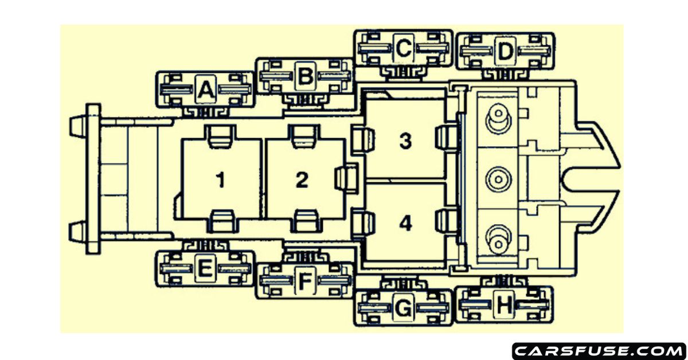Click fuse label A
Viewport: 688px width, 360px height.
[x=205, y=90]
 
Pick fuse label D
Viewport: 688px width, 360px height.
[x=505, y=52]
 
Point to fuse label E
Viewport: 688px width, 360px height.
[x=205, y=268]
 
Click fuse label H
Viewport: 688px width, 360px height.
[x=505, y=306]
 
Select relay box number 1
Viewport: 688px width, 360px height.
[x=221, y=180]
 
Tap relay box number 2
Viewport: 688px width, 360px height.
[x=302, y=180]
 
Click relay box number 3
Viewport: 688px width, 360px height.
[x=405, y=140]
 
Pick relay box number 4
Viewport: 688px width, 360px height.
[x=405, y=224]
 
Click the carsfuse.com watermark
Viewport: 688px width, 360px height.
[x=599, y=349]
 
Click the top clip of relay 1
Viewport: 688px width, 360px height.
[x=221, y=135]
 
